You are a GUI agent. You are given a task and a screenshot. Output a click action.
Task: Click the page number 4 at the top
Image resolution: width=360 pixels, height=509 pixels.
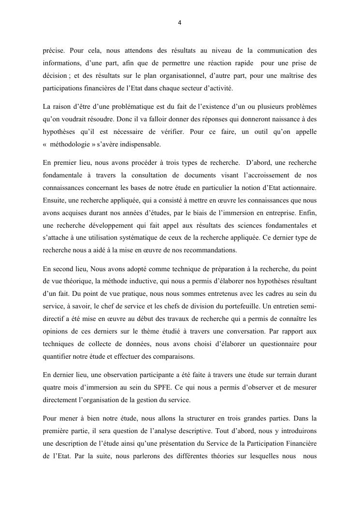[x=180, y=22]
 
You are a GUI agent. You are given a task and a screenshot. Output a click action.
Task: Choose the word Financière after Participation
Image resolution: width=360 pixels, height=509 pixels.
[x=298, y=443]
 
